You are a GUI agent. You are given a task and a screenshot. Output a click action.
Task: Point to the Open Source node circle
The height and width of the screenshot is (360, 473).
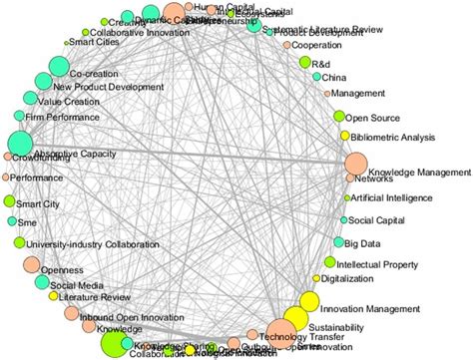(339, 118)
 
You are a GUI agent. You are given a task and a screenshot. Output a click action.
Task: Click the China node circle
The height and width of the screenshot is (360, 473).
(316, 77)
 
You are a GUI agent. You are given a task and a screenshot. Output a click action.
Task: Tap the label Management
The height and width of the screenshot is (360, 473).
(357, 94)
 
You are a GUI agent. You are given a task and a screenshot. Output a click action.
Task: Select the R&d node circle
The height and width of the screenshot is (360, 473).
(305, 63)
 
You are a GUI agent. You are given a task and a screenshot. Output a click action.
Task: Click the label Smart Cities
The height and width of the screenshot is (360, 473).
(95, 43)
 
